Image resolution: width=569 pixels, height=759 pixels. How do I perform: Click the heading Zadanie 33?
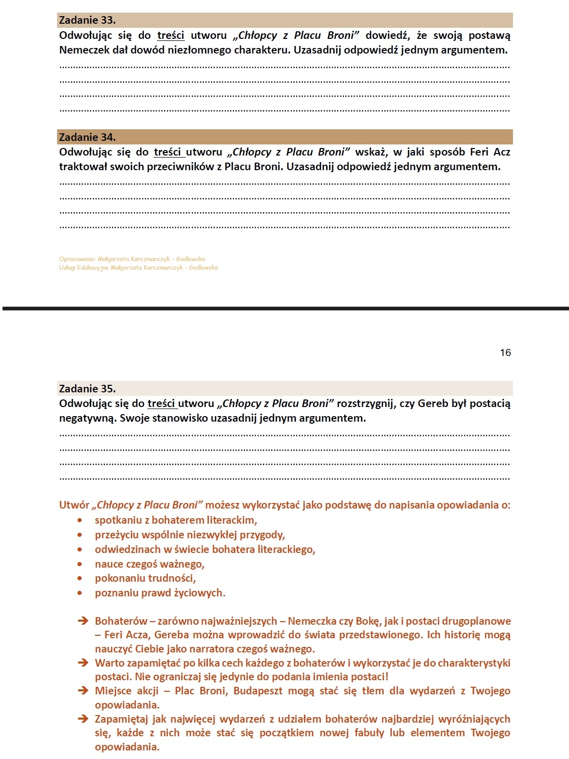(87, 20)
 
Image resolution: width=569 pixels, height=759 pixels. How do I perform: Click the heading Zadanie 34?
(87, 137)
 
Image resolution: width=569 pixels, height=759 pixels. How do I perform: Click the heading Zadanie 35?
(87, 388)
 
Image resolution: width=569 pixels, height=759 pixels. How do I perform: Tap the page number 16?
(505, 352)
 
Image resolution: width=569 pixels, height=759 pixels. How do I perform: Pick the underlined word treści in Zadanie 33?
(171, 35)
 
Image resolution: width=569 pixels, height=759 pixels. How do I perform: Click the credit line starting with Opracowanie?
(132, 259)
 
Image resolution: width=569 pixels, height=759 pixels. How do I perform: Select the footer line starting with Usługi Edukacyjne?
(138, 268)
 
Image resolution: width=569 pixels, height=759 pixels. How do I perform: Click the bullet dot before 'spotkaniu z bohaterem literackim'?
(80, 520)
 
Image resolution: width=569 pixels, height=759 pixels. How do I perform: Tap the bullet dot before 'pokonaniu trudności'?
(80, 578)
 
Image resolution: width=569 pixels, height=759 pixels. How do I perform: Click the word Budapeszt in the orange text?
(257, 690)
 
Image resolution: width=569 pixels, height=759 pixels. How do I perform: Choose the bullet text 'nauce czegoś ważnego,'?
(149, 564)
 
